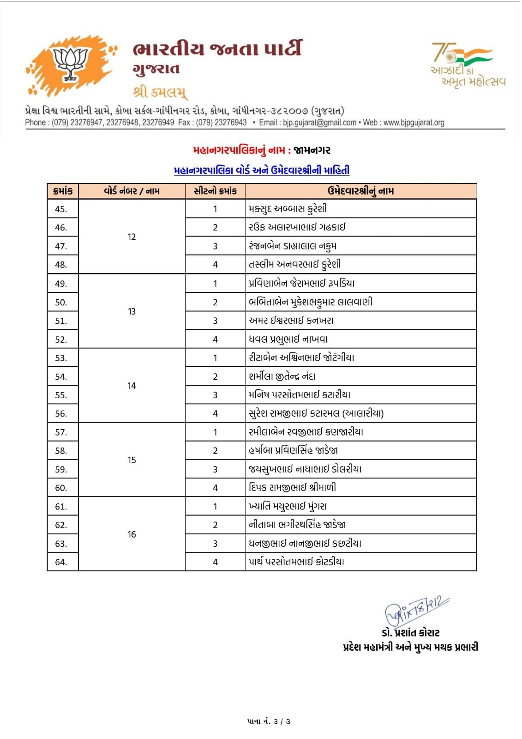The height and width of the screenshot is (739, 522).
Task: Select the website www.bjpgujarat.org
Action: click(x=414, y=123)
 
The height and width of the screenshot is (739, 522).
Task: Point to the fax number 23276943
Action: click(x=231, y=123)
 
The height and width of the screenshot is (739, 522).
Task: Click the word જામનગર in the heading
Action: click(x=312, y=151)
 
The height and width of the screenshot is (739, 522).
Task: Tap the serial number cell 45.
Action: click(x=61, y=209)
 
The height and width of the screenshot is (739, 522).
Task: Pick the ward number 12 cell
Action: click(x=132, y=237)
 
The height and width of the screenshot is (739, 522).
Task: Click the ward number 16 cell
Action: click(x=132, y=534)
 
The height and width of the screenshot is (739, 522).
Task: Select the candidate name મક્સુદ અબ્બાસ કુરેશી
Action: click(x=288, y=209)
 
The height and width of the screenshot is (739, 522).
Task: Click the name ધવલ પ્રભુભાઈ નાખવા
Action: click(x=288, y=339)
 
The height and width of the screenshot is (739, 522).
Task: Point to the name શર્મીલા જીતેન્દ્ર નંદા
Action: click(x=282, y=376)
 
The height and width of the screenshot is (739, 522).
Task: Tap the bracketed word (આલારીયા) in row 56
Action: click(x=363, y=413)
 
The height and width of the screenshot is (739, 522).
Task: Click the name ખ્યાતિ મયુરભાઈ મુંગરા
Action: click(x=288, y=506)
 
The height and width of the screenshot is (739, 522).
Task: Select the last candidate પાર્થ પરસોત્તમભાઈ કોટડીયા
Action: click(x=296, y=562)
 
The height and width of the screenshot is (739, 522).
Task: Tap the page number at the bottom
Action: click(x=269, y=721)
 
